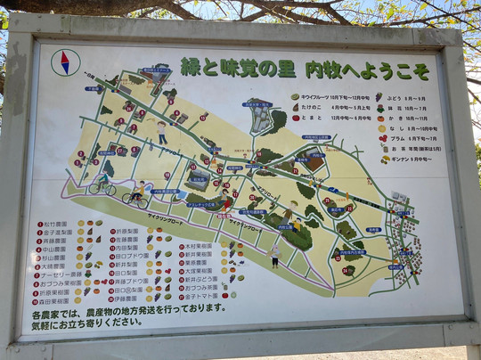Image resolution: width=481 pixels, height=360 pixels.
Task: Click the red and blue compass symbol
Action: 64,61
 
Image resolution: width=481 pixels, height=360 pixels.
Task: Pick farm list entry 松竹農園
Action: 55,225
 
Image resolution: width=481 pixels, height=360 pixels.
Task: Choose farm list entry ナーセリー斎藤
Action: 59,274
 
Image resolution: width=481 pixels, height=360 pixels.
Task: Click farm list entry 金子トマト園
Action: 202,296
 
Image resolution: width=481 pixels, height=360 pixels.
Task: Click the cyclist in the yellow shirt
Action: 137,194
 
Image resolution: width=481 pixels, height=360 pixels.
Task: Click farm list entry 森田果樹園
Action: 55,300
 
